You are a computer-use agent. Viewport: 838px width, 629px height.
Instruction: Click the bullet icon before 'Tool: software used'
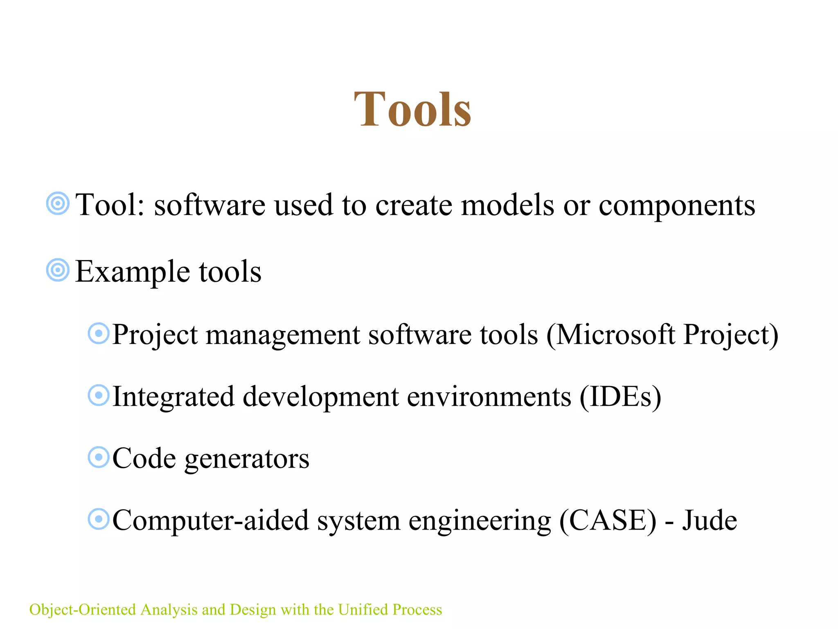point(58,203)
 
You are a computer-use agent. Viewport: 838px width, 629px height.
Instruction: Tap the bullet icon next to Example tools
point(58,270)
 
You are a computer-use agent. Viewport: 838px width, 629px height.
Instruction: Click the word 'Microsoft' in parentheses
point(615,335)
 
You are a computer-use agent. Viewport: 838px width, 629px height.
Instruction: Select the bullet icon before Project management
point(99,333)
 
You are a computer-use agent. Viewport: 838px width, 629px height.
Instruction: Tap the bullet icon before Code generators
point(99,457)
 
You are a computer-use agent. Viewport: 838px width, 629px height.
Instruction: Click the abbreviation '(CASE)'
point(608,521)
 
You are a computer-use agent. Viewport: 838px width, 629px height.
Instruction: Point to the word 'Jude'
point(710,520)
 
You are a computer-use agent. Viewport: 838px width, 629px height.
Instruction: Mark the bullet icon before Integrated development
point(99,395)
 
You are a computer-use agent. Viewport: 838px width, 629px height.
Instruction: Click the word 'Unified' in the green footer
point(363,610)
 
